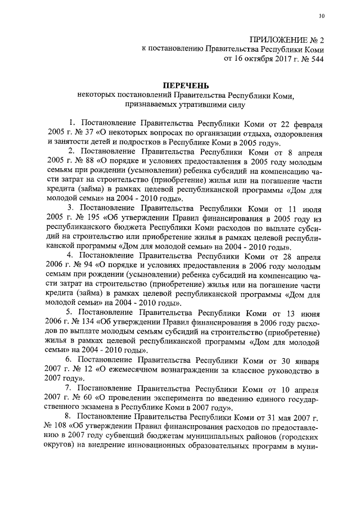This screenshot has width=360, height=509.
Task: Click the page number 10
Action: pyautogui.click(x=321, y=16)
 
